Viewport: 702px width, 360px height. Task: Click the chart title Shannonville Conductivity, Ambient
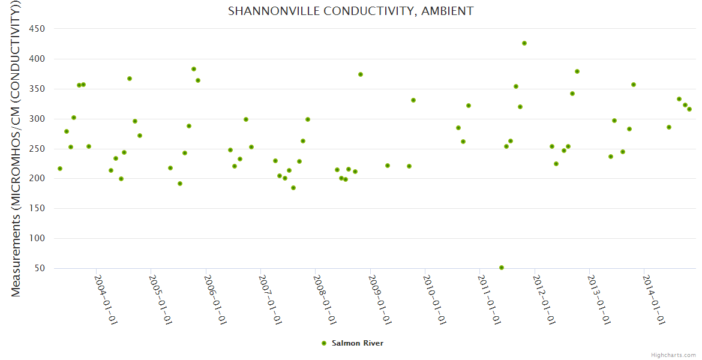tap(350, 11)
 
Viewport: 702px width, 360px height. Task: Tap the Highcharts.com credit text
tap(673, 355)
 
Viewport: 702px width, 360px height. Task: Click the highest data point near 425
tap(524, 43)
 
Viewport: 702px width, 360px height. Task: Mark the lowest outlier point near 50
tap(502, 268)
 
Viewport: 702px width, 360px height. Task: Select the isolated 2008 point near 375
tap(361, 74)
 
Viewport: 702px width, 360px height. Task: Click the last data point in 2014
tap(689, 109)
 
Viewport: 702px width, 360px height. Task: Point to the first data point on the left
tap(60, 169)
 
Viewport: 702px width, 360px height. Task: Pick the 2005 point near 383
tap(194, 69)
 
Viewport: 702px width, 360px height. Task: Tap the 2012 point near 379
tap(577, 71)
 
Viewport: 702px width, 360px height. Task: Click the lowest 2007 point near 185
tap(293, 188)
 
